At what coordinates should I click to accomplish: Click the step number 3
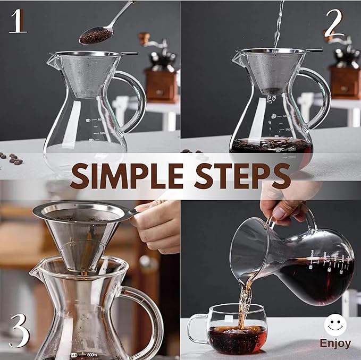coord(19,330)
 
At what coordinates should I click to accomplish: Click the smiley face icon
coord(335,325)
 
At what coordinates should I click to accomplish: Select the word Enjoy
coord(335,344)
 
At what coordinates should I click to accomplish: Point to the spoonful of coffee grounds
coord(96,36)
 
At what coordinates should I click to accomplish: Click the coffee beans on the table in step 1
coord(12,158)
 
